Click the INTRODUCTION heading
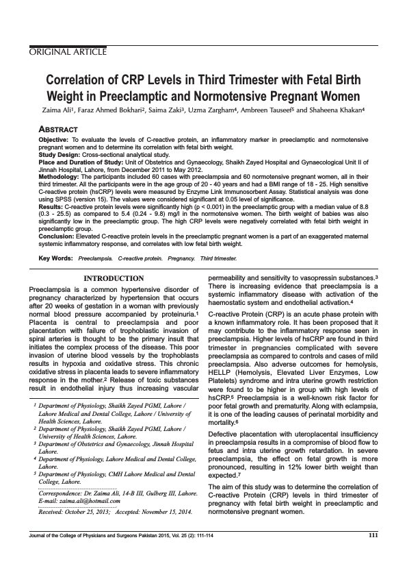tap(113, 278)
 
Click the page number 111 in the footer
tap(373, 554)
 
